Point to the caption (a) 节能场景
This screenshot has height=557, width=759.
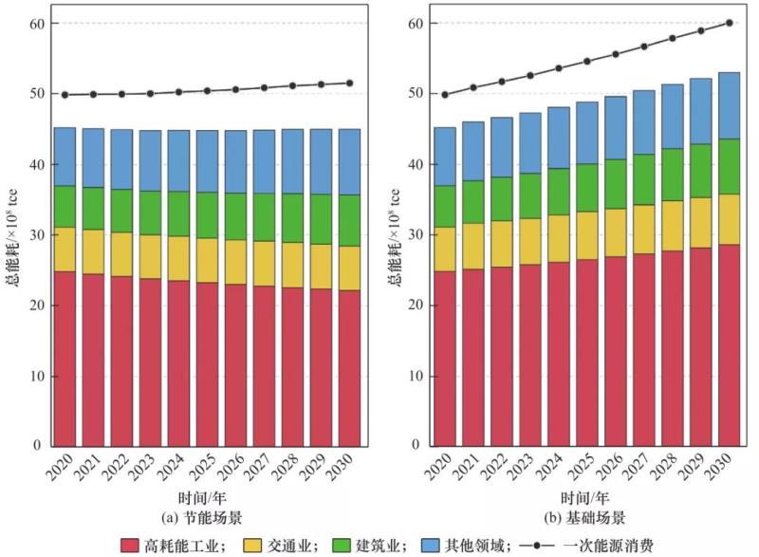coord(207,517)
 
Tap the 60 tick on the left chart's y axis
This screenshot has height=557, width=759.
coord(37,23)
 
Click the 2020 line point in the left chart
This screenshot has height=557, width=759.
coord(65,95)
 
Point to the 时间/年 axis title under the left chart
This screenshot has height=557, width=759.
coord(207,498)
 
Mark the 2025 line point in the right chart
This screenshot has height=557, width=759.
coord(587,61)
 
